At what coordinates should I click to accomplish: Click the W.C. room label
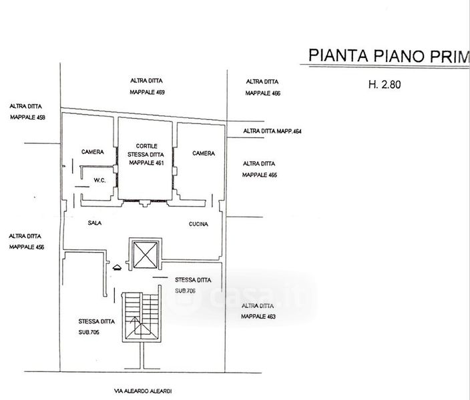click(99, 180)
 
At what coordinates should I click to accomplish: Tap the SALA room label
click(95, 223)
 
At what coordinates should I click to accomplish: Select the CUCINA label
click(198, 224)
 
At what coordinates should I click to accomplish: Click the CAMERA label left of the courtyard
click(93, 152)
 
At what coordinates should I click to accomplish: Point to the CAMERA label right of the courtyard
click(204, 153)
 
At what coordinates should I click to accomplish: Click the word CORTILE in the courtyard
click(147, 146)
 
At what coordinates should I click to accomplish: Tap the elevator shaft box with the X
click(146, 255)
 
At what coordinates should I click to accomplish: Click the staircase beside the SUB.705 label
click(142, 317)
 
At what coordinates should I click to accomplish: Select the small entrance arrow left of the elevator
click(117, 267)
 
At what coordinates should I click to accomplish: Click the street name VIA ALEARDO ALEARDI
click(143, 391)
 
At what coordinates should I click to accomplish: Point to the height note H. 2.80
click(385, 85)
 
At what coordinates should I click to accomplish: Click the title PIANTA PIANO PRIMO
click(389, 56)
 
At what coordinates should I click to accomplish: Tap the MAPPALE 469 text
click(147, 92)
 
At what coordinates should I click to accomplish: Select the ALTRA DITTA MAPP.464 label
click(272, 131)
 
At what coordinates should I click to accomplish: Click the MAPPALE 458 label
click(27, 117)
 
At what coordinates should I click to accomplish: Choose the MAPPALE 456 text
click(27, 247)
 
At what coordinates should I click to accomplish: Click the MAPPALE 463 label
click(258, 317)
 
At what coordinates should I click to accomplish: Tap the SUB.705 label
click(89, 333)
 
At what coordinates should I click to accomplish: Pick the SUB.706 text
click(185, 291)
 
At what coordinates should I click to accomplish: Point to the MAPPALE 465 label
click(260, 175)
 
